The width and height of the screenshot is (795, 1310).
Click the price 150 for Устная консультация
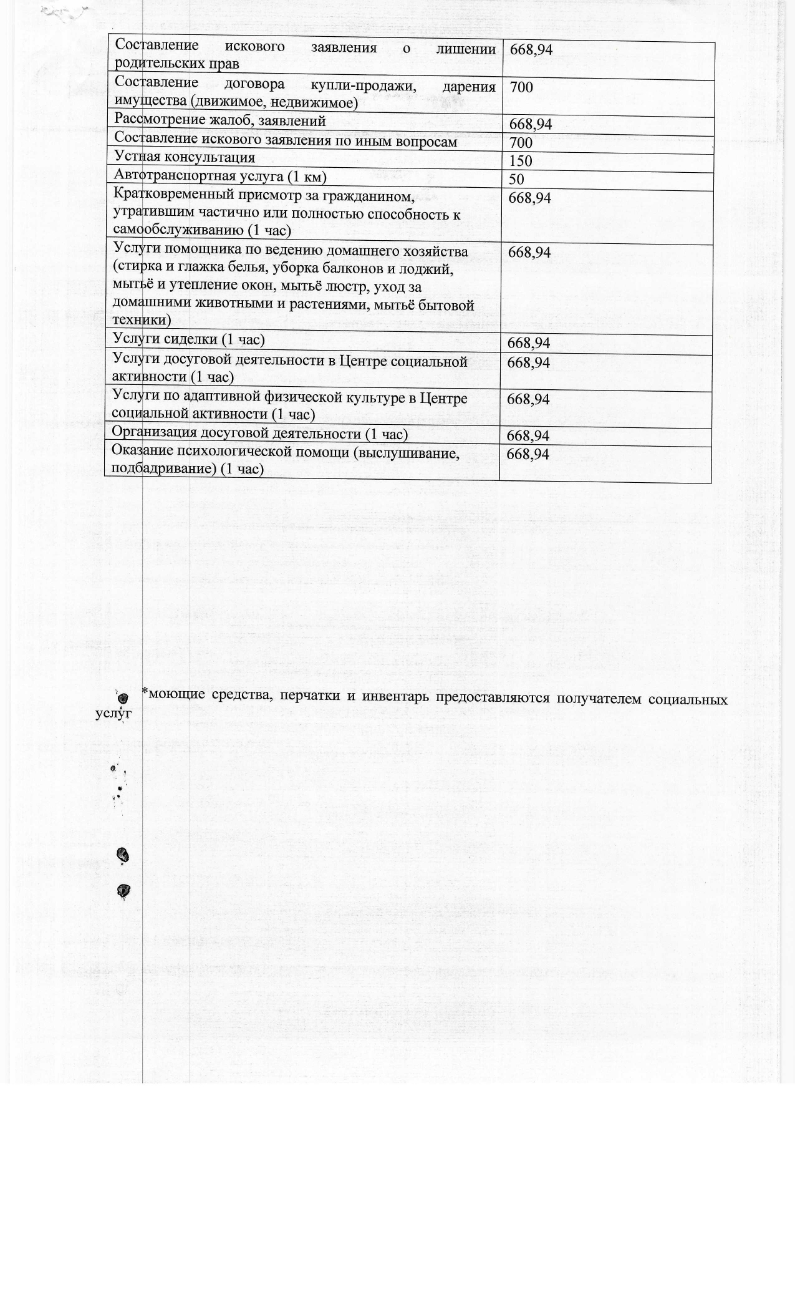521,161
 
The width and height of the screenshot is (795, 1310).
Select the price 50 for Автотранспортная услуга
516,180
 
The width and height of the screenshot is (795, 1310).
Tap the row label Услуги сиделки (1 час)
188,339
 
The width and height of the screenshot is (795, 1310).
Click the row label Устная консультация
185,157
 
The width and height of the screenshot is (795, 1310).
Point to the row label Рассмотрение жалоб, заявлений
220,120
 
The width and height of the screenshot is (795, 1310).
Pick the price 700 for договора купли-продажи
521,87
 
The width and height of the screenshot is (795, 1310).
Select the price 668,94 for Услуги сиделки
528,343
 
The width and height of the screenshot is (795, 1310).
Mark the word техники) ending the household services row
141,321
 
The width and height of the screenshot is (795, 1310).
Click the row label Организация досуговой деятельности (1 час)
259,433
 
